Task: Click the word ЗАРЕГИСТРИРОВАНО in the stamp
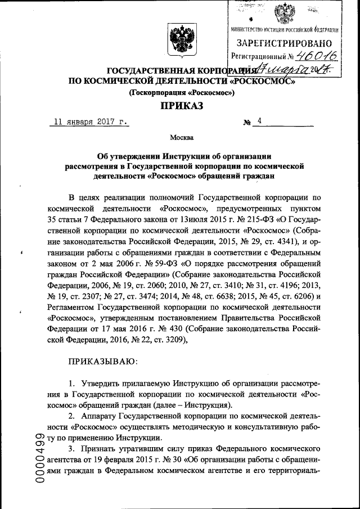pos(285,43)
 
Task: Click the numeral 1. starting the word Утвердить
pos(72,382)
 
